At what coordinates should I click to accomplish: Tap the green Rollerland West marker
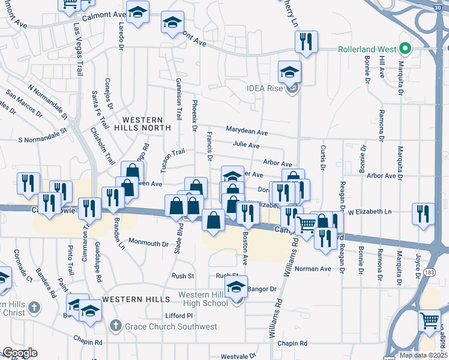(406, 49)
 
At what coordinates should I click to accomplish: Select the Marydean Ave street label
(247, 130)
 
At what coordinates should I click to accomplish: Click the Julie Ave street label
(246, 145)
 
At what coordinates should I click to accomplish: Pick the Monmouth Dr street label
(149, 244)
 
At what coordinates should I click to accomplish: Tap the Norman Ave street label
(313, 269)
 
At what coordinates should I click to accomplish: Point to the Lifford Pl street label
(179, 316)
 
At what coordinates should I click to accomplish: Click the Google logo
(20, 353)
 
